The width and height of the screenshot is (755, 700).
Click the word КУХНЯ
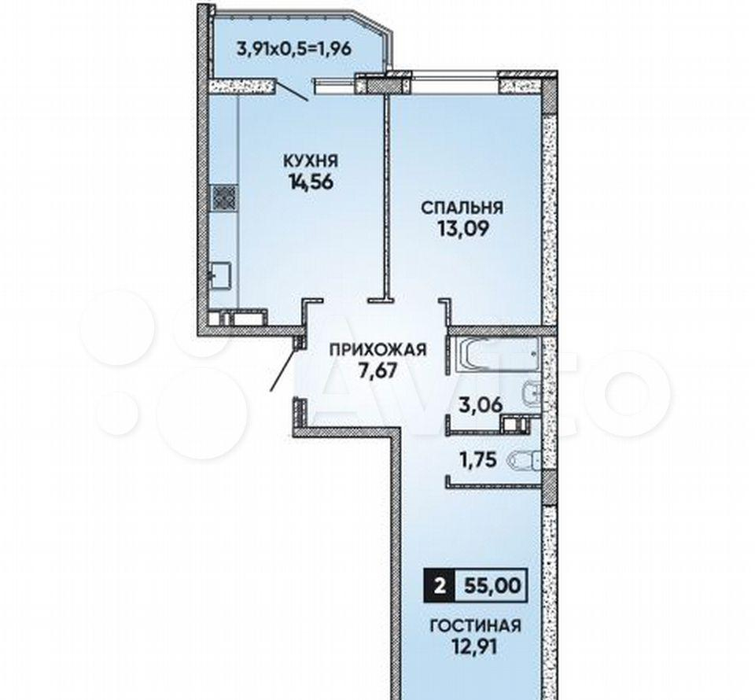click(311, 160)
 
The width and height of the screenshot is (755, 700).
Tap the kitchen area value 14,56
click(311, 182)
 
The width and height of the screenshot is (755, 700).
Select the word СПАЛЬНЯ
click(462, 208)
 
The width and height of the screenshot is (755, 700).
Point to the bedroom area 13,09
click(462, 229)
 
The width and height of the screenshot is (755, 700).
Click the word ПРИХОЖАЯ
click(378, 349)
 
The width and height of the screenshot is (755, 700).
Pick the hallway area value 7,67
click(377, 371)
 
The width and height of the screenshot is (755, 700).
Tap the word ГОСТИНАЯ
click(475, 626)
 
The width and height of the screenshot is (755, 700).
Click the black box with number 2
click(438, 586)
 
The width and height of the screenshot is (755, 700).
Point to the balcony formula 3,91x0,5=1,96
click(293, 49)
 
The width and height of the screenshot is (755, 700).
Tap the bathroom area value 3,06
click(480, 404)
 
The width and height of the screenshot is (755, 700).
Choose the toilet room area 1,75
click(477, 460)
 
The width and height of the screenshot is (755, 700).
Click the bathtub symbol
click(496, 356)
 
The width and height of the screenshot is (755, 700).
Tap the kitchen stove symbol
click(224, 197)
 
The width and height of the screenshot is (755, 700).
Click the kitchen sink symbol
click(220, 276)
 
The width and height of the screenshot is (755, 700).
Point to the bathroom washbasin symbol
click(532, 395)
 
